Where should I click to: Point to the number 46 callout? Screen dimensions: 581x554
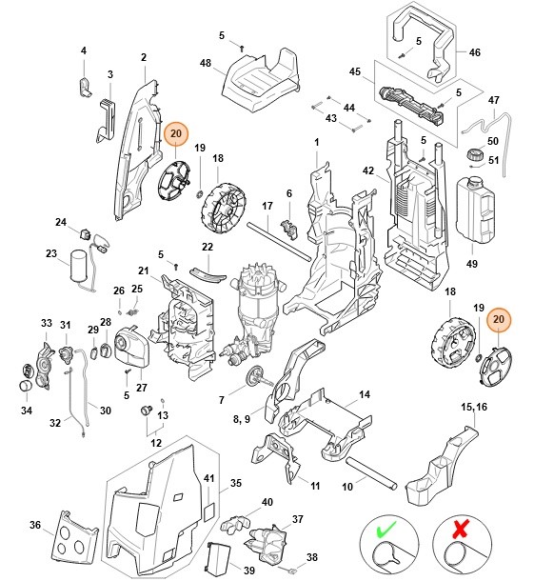pyautogui.click(x=476, y=54)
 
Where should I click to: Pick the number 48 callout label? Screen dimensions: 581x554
pyautogui.click(x=205, y=63)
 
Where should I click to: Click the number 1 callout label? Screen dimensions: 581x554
pyautogui.click(x=316, y=142)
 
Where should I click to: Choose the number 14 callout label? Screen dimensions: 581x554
pyautogui.click(x=365, y=393)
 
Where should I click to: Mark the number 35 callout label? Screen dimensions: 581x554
pyautogui.click(x=237, y=483)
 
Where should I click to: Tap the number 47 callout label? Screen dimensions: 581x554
pyautogui.click(x=493, y=100)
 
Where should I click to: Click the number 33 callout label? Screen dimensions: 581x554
pyautogui.click(x=46, y=324)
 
